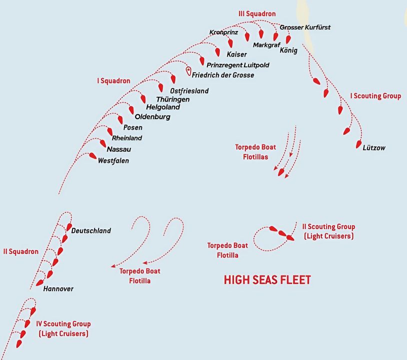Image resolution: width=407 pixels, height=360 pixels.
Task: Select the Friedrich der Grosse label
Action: tap(223, 75)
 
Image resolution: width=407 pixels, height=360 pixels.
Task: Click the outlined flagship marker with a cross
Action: tap(188, 70)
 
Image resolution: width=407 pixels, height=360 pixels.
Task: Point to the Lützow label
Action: tap(374, 148)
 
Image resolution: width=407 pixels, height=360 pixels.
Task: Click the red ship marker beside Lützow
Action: tap(359, 144)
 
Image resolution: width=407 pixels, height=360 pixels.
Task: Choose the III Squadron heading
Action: tap(256, 13)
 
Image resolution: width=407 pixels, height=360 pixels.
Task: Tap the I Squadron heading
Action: tap(113, 80)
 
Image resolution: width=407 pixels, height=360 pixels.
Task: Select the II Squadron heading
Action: tap(20, 251)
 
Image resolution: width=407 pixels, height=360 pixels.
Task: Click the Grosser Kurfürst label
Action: tap(305, 27)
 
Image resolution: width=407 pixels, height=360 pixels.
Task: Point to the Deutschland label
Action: tap(91, 230)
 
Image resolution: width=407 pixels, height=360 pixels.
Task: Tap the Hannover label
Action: tap(58, 289)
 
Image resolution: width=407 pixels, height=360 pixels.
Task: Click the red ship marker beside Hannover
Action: tap(40, 282)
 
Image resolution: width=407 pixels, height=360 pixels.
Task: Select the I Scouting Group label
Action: tap(375, 96)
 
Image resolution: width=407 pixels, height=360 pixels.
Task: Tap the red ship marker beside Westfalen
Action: tap(92, 155)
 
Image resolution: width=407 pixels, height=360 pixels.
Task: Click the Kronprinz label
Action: tap(223, 32)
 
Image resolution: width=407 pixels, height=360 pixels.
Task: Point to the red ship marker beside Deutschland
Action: tap(69, 227)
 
